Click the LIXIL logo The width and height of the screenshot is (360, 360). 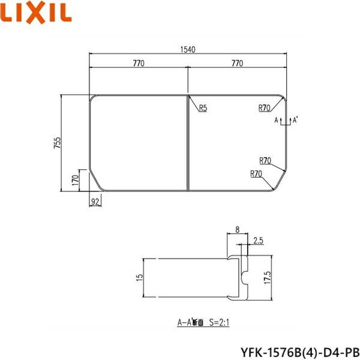(x=37, y=12)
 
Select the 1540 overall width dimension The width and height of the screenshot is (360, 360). (x=188, y=49)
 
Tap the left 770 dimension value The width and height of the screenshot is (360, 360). (x=139, y=62)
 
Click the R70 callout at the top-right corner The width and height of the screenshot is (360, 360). (x=265, y=109)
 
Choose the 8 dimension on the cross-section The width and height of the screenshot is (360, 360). (x=238, y=229)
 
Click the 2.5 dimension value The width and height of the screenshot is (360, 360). (x=259, y=241)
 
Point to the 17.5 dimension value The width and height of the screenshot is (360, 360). (x=266, y=278)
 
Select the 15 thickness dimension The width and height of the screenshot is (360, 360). (x=140, y=278)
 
